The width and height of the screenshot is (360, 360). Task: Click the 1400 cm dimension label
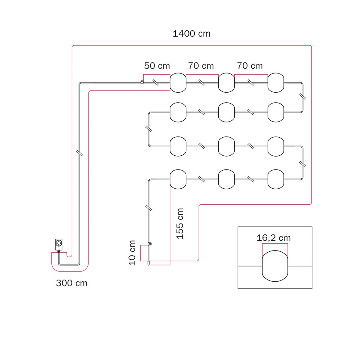pyautogui.click(x=191, y=34)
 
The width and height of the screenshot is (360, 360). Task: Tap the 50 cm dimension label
pyautogui.click(x=157, y=66)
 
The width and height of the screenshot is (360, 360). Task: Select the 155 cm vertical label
pyautogui.click(x=180, y=223)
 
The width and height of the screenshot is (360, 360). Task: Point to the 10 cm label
pyautogui.click(x=132, y=253)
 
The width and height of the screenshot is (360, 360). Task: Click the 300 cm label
pyautogui.click(x=72, y=283)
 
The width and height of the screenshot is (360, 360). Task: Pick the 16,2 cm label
pyautogui.click(x=274, y=238)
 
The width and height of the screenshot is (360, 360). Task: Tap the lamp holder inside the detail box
pyautogui.click(x=275, y=266)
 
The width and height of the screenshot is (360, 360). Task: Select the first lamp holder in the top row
pyautogui.click(x=178, y=82)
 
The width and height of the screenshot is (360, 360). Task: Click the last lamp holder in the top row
pyautogui.click(x=276, y=82)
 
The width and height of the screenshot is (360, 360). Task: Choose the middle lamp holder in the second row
pyautogui.click(x=226, y=112)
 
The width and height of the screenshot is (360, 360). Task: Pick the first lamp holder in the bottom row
pyautogui.click(x=178, y=179)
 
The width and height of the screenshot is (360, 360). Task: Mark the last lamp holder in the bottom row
pyautogui.click(x=276, y=179)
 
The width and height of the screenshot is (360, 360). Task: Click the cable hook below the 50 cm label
pyautogui.click(x=142, y=82)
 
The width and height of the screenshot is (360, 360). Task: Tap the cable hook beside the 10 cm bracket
pyautogui.click(x=150, y=244)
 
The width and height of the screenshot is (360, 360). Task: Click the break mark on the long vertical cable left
pyautogui.click(x=79, y=152)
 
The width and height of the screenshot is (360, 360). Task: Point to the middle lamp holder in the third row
pyautogui.click(x=226, y=146)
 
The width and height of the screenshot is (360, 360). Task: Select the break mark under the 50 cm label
pyautogui.click(x=156, y=82)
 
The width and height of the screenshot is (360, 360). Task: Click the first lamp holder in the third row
pyautogui.click(x=178, y=146)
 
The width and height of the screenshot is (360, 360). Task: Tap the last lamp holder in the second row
pyautogui.click(x=276, y=112)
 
